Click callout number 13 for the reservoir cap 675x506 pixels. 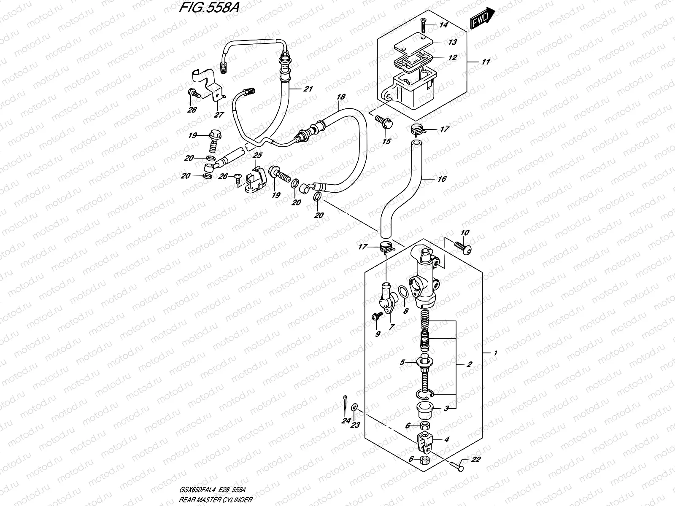tap(452, 42)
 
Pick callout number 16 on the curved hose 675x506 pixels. tap(442, 179)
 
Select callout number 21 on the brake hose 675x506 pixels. tap(308, 89)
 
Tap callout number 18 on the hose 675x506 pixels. tap(340, 97)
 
